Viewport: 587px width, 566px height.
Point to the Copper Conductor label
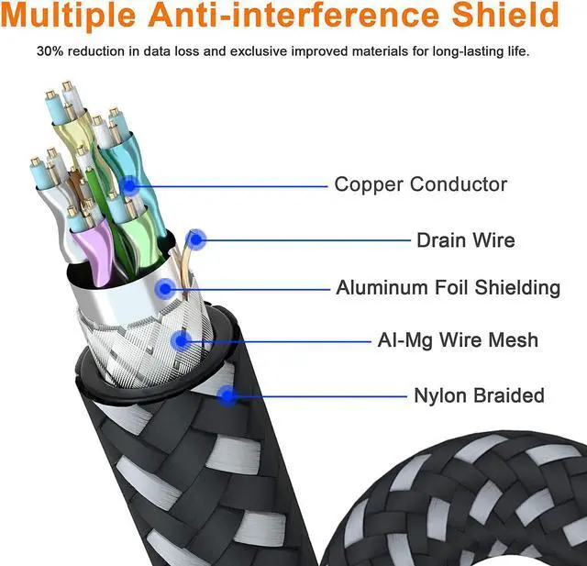click(x=420, y=184)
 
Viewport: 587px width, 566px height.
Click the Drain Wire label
click(x=465, y=240)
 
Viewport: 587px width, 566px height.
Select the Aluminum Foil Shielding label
click(x=448, y=288)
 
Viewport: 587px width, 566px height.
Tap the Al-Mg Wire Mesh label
click(x=458, y=340)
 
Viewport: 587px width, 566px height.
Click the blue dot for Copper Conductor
click(x=130, y=185)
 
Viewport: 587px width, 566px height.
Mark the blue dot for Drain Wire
click(x=196, y=240)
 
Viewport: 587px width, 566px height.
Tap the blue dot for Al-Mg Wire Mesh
click(x=181, y=341)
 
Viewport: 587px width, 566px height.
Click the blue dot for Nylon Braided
click(x=227, y=396)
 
